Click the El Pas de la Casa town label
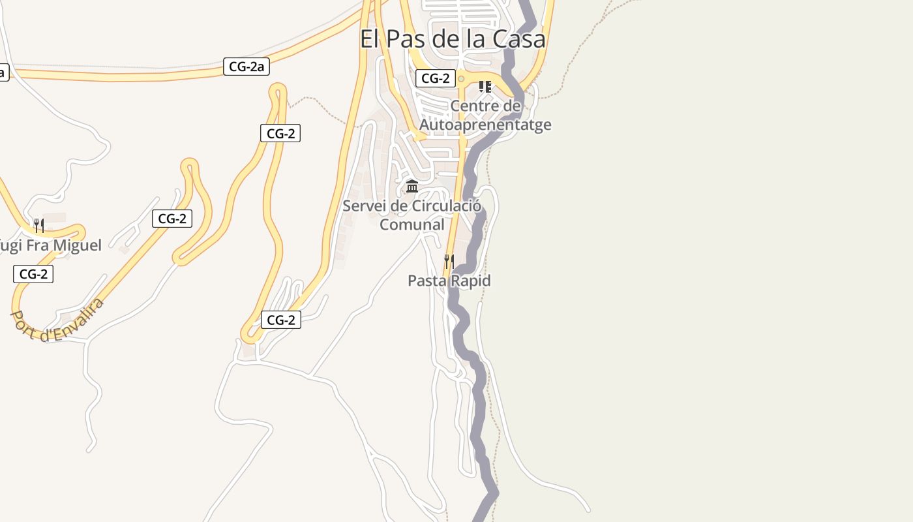tap(453, 39)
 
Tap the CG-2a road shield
tap(247, 67)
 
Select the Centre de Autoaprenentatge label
tap(486, 115)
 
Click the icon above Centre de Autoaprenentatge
tap(485, 86)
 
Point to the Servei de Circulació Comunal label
tap(412, 215)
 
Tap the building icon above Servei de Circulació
tap(412, 187)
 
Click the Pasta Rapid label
tap(449, 281)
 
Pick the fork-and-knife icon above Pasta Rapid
tap(449, 262)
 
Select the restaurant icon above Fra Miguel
tap(39, 226)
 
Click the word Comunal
tap(412, 224)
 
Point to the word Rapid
tap(469, 281)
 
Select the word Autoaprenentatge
tap(486, 125)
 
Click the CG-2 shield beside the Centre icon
tap(436, 79)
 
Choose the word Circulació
tap(446, 206)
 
